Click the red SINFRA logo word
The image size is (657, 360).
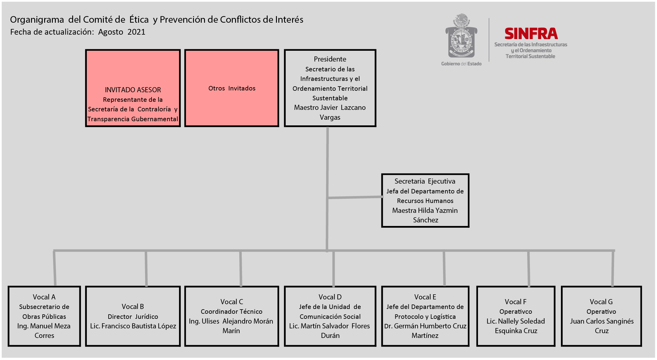pos(531,34)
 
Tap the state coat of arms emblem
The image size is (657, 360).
pos(461,36)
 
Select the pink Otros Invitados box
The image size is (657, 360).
pos(232,88)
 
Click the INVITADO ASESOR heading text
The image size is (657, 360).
pos(133,90)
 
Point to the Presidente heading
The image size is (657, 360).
pos(330,59)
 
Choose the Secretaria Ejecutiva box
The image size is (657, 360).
pos(425,201)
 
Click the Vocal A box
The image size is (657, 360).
pos(44,316)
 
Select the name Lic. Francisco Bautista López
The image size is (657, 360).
pos(133,326)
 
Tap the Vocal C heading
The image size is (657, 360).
pos(232,302)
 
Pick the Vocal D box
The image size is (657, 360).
pos(330,316)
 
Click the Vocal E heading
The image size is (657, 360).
pos(425,297)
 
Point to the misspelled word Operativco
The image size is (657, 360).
pos(516,312)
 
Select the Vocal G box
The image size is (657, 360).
pos(601,316)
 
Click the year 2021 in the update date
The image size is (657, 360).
pos(136,32)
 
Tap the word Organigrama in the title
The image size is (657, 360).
pos(37,20)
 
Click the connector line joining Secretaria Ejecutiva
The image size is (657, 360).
pos(355,197)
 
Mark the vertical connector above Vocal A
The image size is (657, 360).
pos(55,268)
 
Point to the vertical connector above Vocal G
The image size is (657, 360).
pos(613,268)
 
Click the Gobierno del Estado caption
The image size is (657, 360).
pos(461,64)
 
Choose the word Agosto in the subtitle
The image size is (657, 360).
pos(111,32)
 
